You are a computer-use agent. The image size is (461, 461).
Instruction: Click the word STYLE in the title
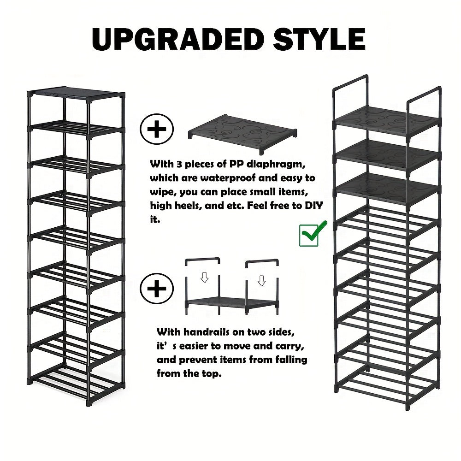click(319, 40)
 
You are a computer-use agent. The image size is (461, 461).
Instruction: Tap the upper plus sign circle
click(157, 129)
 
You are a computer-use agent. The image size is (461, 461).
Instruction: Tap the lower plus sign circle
click(157, 289)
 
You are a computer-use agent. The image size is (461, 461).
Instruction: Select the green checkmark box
click(309, 235)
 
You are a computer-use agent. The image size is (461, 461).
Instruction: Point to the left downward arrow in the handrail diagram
click(204, 277)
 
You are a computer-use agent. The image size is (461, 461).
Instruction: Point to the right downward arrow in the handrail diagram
click(261, 280)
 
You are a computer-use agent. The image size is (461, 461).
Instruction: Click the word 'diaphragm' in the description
click(276, 165)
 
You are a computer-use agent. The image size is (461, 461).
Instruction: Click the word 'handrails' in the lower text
click(207, 332)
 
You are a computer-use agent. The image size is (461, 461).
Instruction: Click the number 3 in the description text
click(179, 165)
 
